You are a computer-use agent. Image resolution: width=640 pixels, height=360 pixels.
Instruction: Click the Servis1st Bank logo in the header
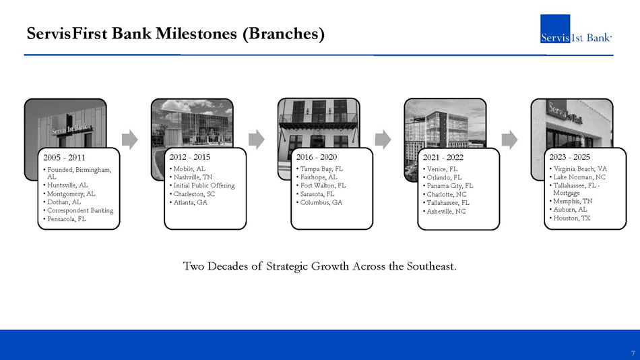576,28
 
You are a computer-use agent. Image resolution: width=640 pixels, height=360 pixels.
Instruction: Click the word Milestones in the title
196,34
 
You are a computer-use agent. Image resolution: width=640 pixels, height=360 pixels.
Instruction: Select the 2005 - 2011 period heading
64,158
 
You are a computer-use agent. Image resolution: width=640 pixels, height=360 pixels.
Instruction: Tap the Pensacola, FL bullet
67,219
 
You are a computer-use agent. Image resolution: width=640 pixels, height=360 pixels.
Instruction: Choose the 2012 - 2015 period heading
190,157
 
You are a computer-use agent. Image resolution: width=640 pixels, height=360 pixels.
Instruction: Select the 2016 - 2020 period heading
317,157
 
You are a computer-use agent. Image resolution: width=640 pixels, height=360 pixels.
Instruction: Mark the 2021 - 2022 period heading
443,158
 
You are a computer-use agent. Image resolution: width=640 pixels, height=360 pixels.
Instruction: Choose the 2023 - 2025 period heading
569,157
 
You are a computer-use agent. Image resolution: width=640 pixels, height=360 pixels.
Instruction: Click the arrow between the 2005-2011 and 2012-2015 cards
130,140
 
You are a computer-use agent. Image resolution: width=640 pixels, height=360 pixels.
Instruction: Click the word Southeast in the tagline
431,266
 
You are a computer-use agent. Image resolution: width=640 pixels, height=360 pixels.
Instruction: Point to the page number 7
633,353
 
